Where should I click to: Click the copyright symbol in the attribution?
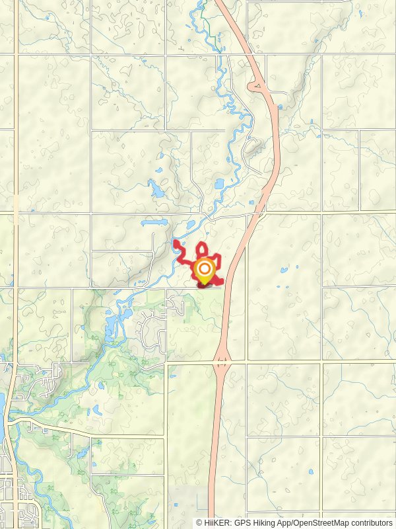pyautogui.click(x=199, y=522)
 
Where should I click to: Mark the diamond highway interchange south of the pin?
pyautogui.click(x=222, y=362)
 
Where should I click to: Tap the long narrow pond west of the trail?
pyautogui.click(x=156, y=223)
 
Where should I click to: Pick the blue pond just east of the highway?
pyautogui.click(x=284, y=270)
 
